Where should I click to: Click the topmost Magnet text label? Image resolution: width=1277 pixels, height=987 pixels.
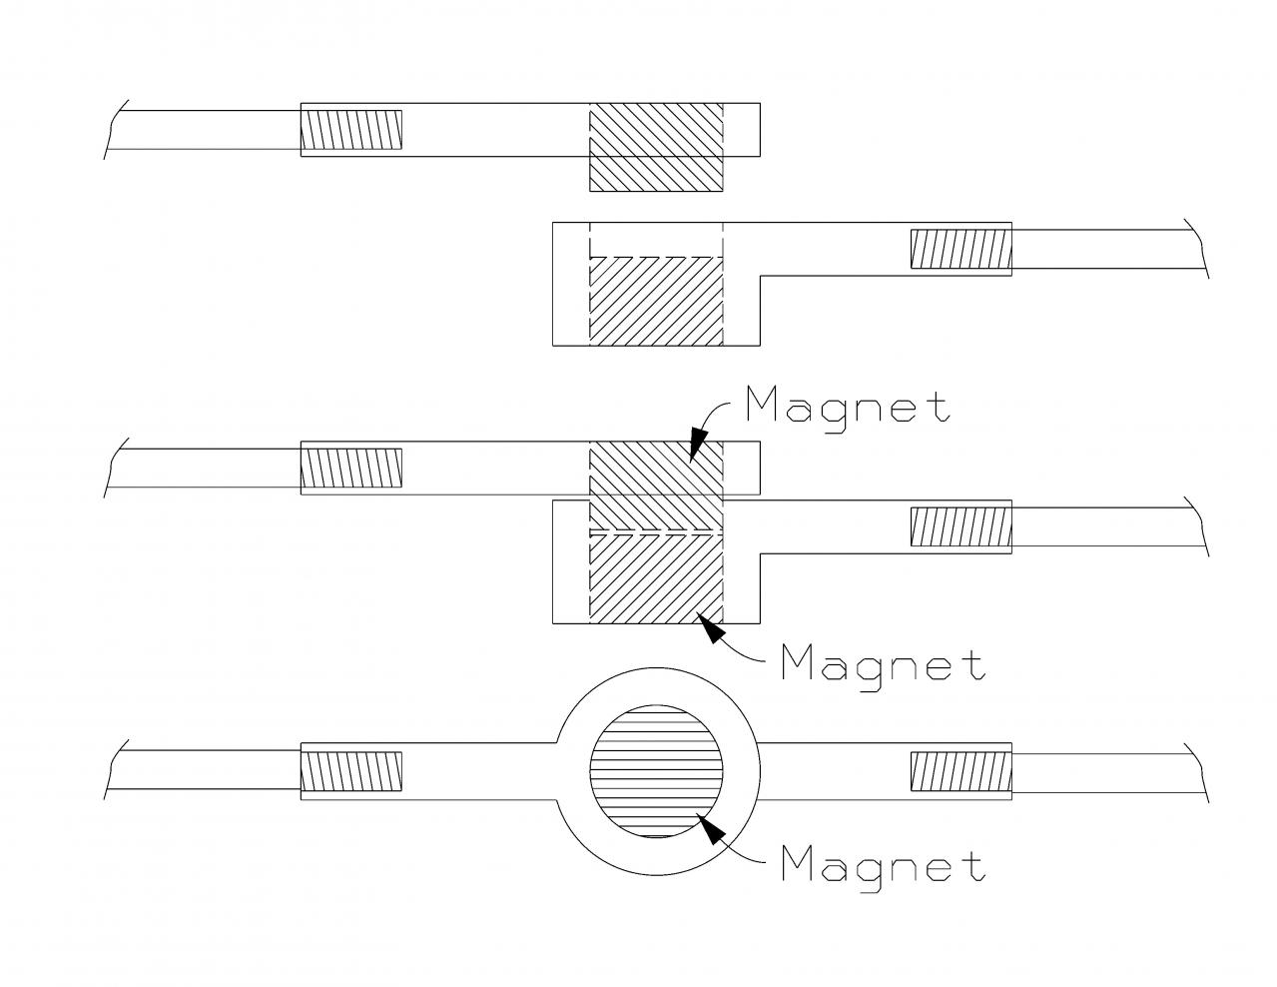point(848,408)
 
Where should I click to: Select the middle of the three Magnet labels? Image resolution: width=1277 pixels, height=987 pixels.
point(884,661)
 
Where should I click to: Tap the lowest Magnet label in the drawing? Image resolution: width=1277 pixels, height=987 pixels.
point(884,865)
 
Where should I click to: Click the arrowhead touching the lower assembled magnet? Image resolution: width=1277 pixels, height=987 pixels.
point(710,627)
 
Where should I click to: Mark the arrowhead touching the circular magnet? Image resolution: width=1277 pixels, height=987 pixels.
point(710,829)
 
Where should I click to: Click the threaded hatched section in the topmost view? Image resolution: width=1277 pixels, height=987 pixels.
point(351,131)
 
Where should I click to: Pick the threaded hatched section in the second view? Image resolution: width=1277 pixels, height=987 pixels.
point(960,249)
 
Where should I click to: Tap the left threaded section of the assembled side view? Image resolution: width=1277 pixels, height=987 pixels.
point(351,469)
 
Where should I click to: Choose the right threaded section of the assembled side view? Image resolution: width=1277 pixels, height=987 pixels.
point(960,527)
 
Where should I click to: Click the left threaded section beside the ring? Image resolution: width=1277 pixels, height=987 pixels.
point(351,773)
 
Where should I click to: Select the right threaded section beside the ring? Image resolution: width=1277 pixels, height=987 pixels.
point(960,773)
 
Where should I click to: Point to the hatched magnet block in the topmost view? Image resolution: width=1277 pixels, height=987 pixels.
point(656,148)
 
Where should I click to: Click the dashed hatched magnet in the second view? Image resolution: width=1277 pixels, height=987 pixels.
point(656,301)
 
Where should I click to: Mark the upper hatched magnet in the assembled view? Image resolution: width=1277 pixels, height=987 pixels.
point(656,486)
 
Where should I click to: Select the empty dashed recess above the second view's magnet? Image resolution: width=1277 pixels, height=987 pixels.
point(656,240)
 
